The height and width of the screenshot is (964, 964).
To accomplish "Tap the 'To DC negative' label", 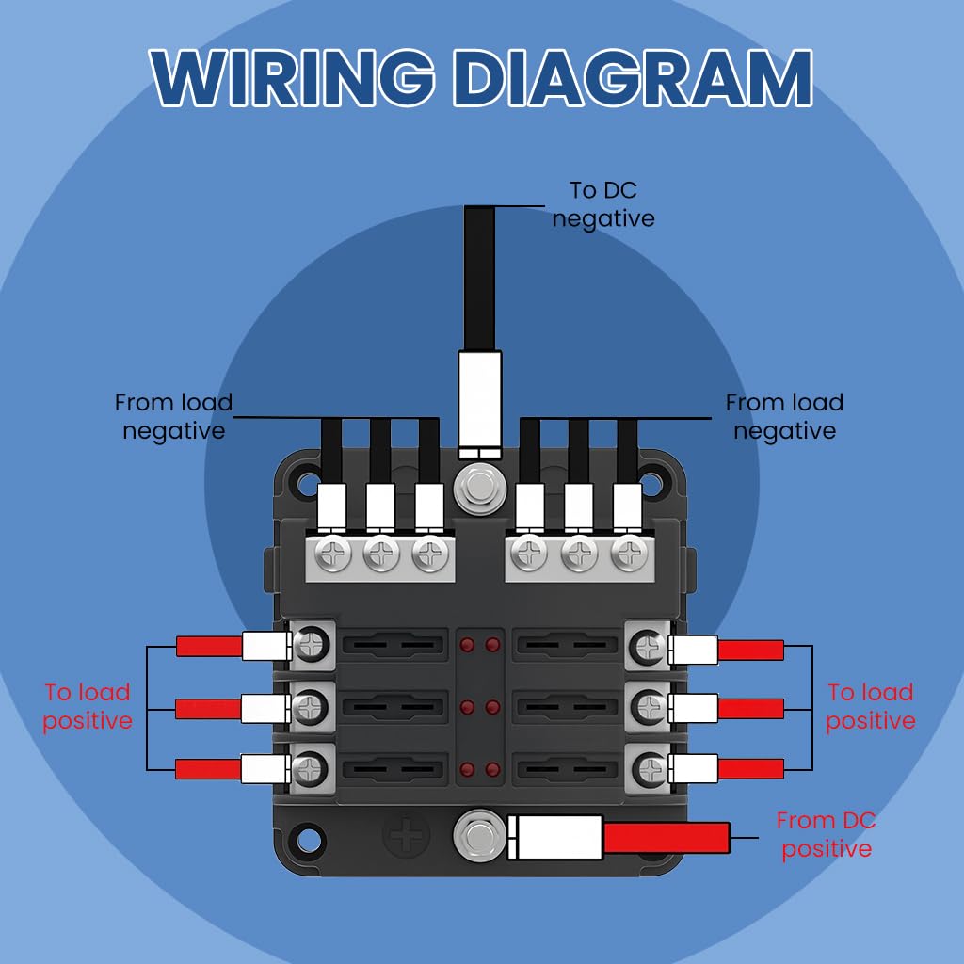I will (603, 204).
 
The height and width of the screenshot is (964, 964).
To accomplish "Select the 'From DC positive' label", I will (826, 835).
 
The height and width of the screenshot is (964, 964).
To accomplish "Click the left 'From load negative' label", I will (173, 416).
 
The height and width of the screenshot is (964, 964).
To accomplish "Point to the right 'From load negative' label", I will (784, 416).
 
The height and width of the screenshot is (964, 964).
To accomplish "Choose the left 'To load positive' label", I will (88, 706).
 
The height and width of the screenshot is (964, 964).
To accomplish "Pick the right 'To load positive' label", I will (871, 706).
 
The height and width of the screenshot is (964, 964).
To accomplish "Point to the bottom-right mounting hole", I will (652, 835).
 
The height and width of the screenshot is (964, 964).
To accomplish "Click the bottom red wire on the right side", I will (750, 768).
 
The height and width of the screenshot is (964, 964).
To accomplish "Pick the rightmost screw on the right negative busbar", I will (627, 555).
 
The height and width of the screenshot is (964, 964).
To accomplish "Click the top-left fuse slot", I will (394, 646).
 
